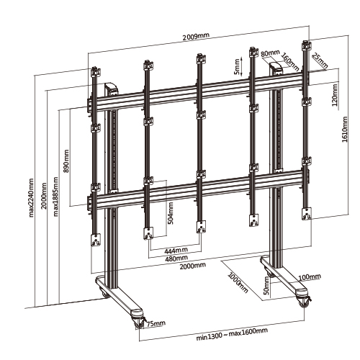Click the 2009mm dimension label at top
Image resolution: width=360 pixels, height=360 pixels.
click(196, 37)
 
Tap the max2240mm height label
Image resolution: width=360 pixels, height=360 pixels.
click(31, 197)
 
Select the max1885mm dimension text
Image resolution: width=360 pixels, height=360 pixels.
click(55, 197)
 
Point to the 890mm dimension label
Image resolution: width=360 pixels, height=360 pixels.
click(66, 161)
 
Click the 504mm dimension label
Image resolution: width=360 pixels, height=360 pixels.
click(171, 213)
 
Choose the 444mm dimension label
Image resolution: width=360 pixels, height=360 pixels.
click(176, 251)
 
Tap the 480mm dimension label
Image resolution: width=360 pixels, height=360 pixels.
click(176, 258)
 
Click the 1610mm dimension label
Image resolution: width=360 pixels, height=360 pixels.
click(345, 130)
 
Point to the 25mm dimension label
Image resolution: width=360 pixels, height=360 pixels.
click(320, 61)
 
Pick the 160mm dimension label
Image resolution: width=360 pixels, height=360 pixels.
click(290, 62)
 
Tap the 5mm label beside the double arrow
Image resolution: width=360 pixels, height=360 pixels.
click(237, 66)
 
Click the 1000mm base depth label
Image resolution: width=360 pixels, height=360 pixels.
click(238, 282)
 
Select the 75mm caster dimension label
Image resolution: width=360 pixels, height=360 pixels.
click(156, 323)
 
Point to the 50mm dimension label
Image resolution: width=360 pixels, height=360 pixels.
click(266, 286)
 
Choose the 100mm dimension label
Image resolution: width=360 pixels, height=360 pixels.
click(310, 277)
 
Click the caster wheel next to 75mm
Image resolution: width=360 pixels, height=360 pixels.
click(139, 323)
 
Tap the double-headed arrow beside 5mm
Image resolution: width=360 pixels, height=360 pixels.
click(242, 66)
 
